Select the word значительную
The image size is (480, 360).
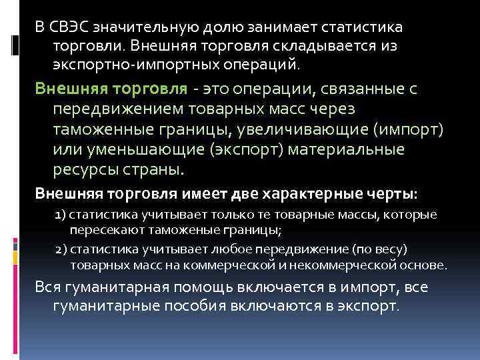[138, 29]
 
